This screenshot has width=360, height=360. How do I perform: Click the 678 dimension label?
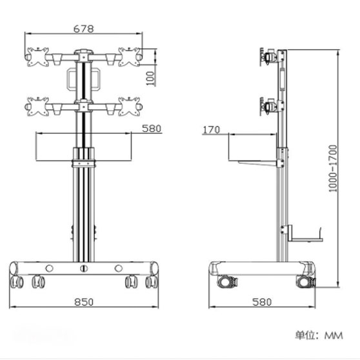point(84,29)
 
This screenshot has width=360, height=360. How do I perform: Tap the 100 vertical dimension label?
point(150,78)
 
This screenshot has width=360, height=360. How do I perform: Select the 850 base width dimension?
point(84,302)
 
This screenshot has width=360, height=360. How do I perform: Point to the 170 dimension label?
point(211,130)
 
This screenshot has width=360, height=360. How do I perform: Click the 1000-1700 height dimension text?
point(333,168)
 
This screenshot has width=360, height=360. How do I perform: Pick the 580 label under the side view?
point(262,302)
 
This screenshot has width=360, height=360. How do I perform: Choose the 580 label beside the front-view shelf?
point(152,128)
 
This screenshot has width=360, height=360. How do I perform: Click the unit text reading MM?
point(334,335)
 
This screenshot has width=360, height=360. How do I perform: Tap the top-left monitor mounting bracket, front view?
point(37,57)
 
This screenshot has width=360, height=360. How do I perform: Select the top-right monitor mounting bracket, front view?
point(129,57)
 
